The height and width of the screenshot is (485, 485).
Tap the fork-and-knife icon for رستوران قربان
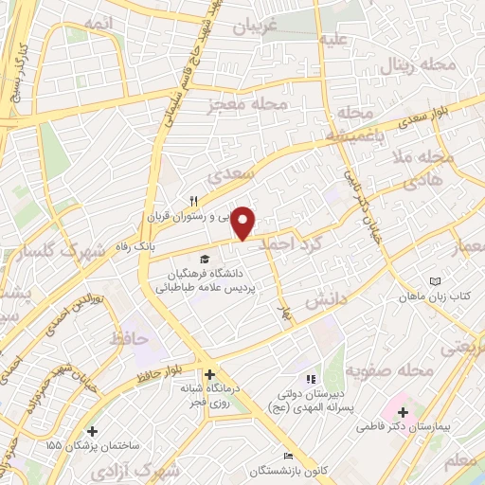194,201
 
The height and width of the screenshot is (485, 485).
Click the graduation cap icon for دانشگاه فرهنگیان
204,259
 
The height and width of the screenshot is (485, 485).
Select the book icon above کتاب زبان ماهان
436,282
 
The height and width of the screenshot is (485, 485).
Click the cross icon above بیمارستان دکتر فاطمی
404,412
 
